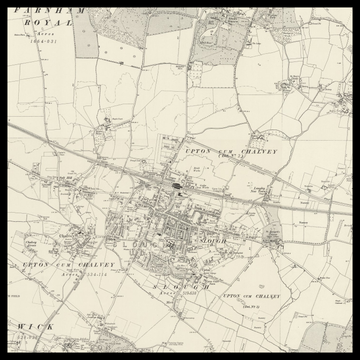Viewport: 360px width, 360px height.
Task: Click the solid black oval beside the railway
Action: (x=176, y=185)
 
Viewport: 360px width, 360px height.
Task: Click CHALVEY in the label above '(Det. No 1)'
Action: (x=257, y=150)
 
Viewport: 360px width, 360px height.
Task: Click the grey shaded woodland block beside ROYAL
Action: (x=87, y=35)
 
